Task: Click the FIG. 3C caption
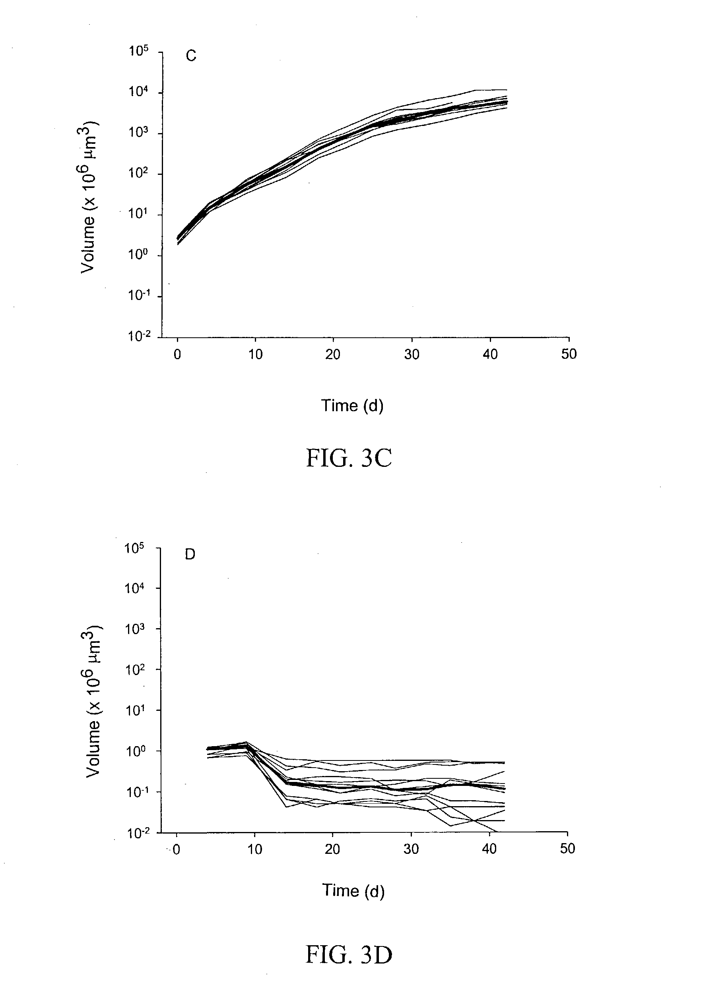pyautogui.click(x=349, y=458)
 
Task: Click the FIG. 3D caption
pyautogui.click(x=349, y=954)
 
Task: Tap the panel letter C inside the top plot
pyautogui.click(x=191, y=56)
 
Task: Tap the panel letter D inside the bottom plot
pyautogui.click(x=190, y=555)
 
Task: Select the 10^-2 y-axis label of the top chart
pyautogui.click(x=138, y=337)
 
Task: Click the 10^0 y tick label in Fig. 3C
pyautogui.click(x=138, y=255)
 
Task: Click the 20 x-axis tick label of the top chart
pyautogui.click(x=333, y=354)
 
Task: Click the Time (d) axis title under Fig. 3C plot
pyautogui.click(x=352, y=405)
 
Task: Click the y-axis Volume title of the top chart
pyautogui.click(x=89, y=197)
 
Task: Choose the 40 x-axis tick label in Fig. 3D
pyautogui.click(x=489, y=849)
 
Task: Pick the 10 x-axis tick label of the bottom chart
pyautogui.click(x=254, y=849)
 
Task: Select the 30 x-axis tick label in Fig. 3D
pyautogui.click(x=411, y=849)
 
